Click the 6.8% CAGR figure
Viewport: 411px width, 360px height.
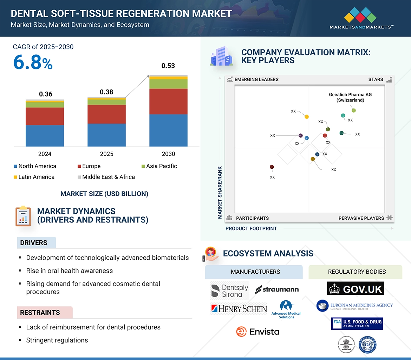pyautogui.click(x=33, y=62)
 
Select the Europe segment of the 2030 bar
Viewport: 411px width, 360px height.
pyautogui.click(x=168, y=101)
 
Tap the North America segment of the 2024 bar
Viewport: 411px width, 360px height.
pyautogui.click(x=45, y=135)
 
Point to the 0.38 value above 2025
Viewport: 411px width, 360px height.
pyautogui.click(x=106, y=92)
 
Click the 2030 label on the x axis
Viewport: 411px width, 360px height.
pyautogui.click(x=168, y=154)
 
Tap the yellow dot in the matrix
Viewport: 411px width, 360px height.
pyautogui.click(x=307, y=116)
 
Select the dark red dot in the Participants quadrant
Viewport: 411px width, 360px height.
pyautogui.click(x=272, y=167)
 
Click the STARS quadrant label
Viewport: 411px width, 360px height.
pyautogui.click(x=376, y=79)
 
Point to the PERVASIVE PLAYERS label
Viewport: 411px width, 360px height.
pyautogui.click(x=361, y=218)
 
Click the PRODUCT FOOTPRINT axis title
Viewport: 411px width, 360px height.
pyautogui.click(x=251, y=228)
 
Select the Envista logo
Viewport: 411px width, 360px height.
pyautogui.click(x=258, y=332)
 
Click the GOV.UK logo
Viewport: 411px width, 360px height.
pyautogui.click(x=355, y=288)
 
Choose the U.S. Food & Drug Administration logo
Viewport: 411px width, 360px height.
pyautogui.click(x=357, y=323)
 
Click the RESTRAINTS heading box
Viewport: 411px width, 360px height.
pyautogui.click(x=45, y=313)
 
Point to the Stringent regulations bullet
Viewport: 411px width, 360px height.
pyautogui.click(x=57, y=340)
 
